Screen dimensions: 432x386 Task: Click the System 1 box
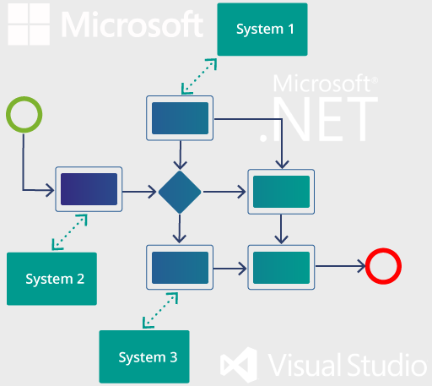click(262, 30)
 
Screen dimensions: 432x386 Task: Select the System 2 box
click(51, 279)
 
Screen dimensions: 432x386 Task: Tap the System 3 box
click(144, 356)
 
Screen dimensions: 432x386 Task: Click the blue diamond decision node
click(180, 192)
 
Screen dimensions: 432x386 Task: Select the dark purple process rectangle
click(89, 189)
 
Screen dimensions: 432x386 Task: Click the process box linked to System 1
click(180, 118)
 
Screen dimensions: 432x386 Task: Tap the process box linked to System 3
click(180, 267)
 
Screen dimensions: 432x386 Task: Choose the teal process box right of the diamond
click(281, 192)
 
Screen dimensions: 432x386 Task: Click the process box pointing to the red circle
click(281, 267)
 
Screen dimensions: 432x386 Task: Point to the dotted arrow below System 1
click(199, 76)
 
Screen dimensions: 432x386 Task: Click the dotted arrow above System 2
click(69, 232)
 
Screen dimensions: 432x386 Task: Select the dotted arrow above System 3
click(160, 310)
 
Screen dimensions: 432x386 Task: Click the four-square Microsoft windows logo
click(29, 24)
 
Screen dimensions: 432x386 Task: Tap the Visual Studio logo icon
click(239, 365)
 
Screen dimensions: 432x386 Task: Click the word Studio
click(387, 365)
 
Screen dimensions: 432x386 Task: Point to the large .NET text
click(318, 119)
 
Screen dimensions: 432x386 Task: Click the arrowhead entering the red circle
click(361, 266)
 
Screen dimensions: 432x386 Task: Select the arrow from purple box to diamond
click(139, 192)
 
